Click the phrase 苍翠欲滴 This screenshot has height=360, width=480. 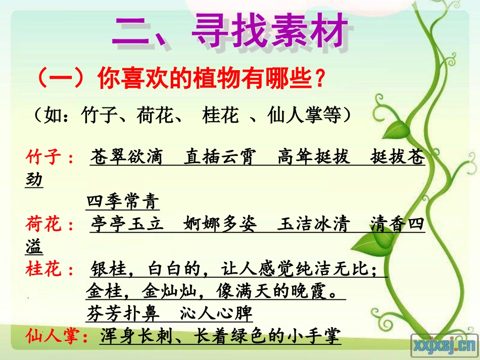coord(127,158)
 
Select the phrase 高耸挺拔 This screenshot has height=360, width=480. coord(313,158)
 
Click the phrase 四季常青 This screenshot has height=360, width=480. coord(123,202)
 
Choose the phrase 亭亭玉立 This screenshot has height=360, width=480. coord(127,225)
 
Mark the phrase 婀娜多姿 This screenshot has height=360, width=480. coord(220,225)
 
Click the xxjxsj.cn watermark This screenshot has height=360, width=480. coord(445,346)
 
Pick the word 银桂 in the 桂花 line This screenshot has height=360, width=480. coord(108,270)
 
